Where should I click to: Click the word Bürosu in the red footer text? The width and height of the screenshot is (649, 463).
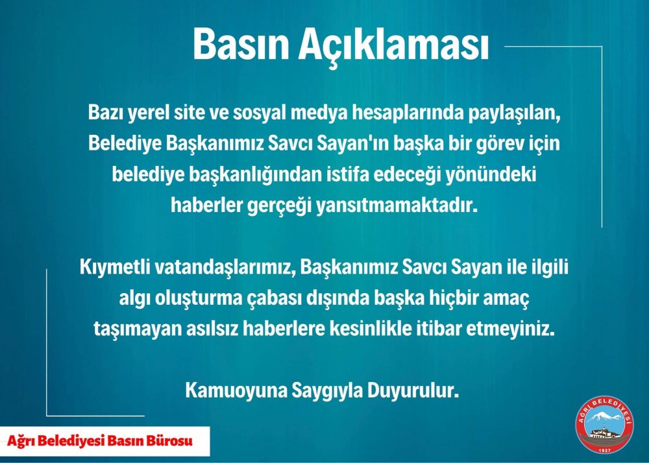169,441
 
